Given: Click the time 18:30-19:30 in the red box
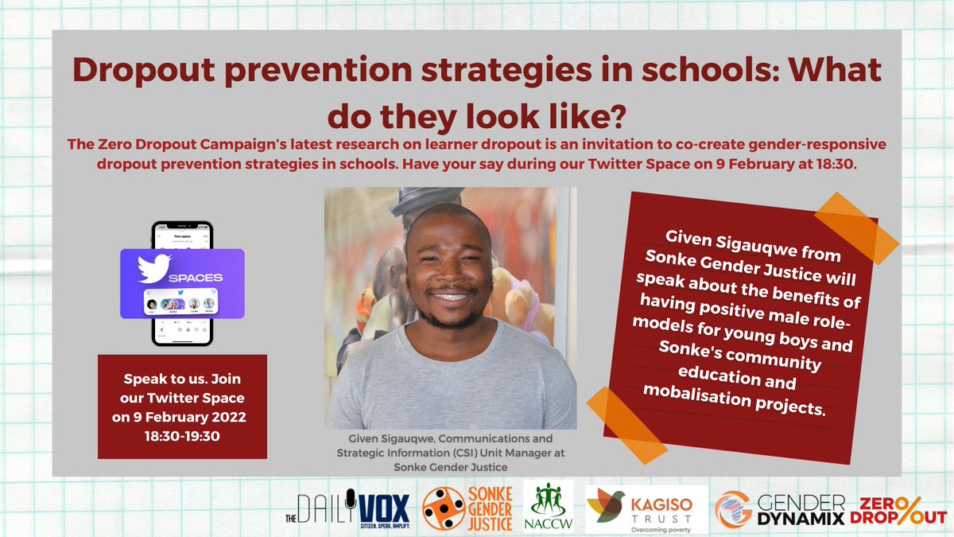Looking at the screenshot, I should pos(182,435).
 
